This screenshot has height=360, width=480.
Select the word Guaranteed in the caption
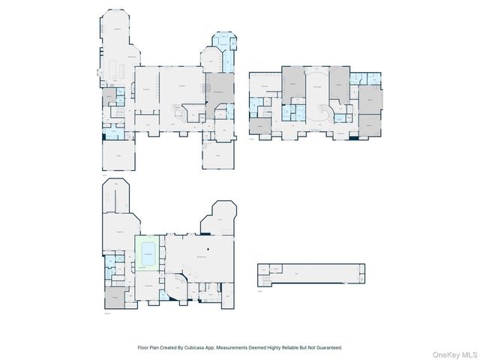pyautogui.click(x=328, y=347)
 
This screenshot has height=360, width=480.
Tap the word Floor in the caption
pyautogui.click(x=143, y=347)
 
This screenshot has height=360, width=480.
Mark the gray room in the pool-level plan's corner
pyautogui.click(x=115, y=296)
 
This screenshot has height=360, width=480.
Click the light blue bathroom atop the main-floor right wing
pyautogui.click(x=223, y=41)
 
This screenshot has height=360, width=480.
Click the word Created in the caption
pyautogui.click(x=170, y=347)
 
